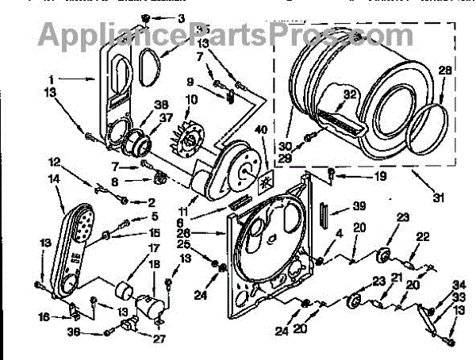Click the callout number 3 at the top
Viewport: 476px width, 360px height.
[x=180, y=17]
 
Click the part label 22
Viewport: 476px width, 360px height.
[x=423, y=236]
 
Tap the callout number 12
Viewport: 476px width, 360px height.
[x=54, y=162]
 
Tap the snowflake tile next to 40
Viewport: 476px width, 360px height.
[x=264, y=182]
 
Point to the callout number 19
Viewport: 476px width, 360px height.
[x=359, y=175]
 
